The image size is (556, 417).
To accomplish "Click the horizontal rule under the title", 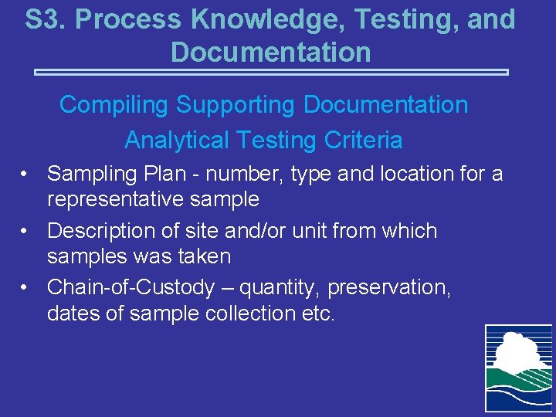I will coord(271,73).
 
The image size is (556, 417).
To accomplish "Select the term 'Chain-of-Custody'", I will coord(131,288).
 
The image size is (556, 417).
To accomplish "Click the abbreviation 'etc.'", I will coord(317,313).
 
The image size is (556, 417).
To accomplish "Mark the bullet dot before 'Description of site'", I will coord(25,231).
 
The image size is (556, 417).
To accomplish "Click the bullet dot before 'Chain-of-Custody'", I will coord(25,288).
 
